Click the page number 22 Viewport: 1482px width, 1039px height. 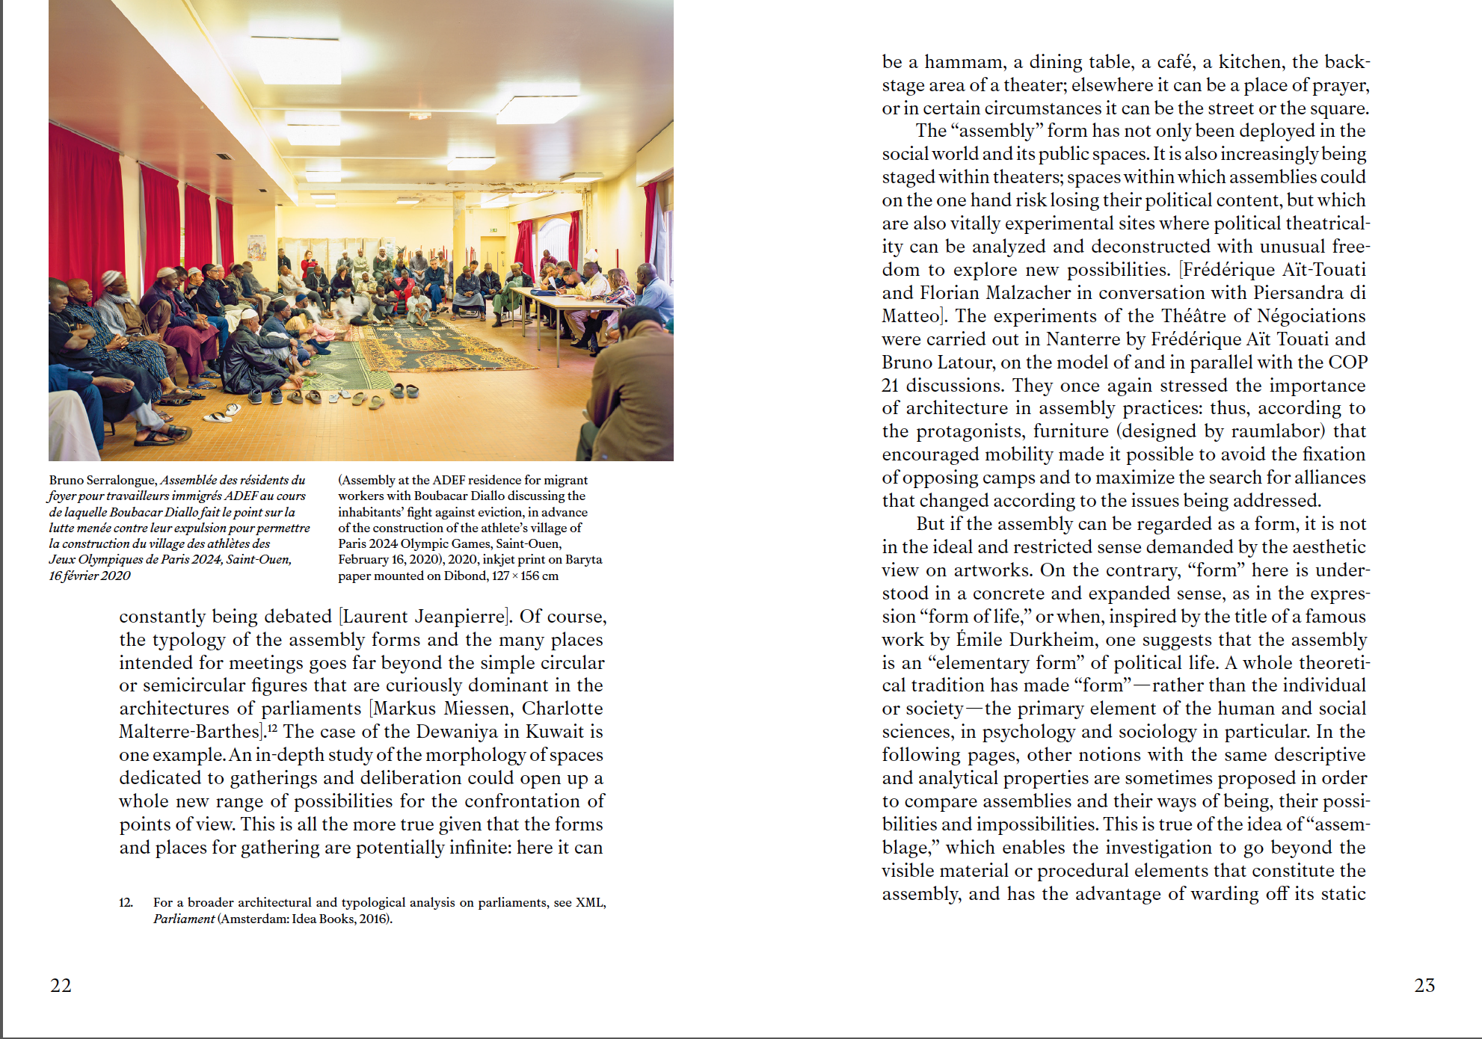(x=61, y=985)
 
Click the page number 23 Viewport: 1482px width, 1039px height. (x=1424, y=985)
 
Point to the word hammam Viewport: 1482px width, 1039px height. (x=965, y=62)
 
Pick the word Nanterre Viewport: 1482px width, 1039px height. (x=1083, y=339)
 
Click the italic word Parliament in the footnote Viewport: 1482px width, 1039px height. (x=184, y=919)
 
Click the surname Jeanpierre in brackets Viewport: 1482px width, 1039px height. (x=461, y=617)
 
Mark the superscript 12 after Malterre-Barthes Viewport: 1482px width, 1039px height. (x=273, y=728)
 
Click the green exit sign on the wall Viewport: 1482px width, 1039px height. (x=494, y=230)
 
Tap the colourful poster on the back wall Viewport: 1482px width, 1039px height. (x=257, y=247)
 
